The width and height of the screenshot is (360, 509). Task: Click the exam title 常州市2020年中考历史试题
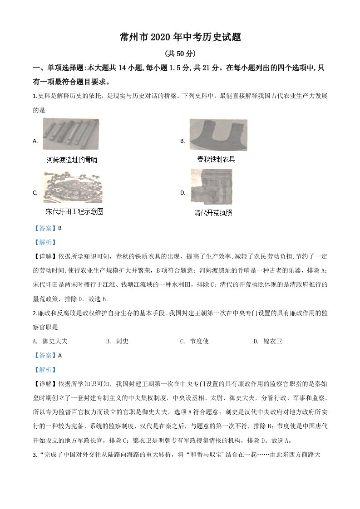[180, 38]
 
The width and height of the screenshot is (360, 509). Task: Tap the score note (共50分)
[180, 54]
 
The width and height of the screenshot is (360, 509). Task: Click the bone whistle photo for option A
[71, 134]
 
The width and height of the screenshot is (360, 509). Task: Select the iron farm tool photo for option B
[218, 135]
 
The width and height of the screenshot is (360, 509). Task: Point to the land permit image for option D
[211, 186]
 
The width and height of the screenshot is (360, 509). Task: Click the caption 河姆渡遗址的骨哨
[72, 160]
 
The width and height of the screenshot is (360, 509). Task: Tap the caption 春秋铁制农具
[216, 159]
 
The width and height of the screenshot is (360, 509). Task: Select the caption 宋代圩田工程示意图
[75, 212]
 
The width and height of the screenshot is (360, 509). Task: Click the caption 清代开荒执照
[213, 212]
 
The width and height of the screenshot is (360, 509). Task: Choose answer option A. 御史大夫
[50, 341]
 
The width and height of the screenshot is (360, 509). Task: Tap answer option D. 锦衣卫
[267, 341]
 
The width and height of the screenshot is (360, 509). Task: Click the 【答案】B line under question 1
[47, 228]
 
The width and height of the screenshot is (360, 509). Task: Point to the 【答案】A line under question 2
[47, 356]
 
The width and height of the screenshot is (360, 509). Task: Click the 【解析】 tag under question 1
[44, 242]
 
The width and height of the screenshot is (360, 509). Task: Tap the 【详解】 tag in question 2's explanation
[44, 384]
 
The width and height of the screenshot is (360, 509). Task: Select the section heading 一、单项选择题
[59, 68]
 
